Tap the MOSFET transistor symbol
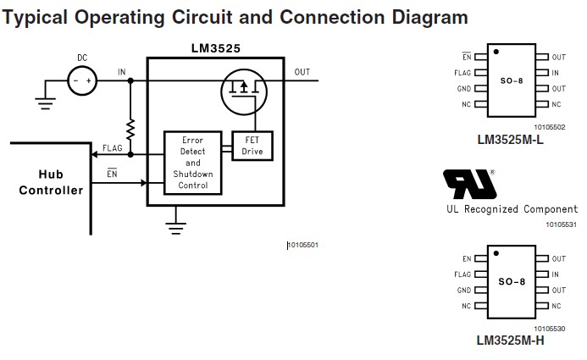click(244, 92)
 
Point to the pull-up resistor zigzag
click(130, 130)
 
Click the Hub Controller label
click(51, 182)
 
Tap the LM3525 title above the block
click(216, 48)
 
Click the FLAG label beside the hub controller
click(113, 148)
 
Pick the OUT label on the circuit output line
click(302, 72)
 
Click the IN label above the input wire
click(122, 72)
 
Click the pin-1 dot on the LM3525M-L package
click(496, 52)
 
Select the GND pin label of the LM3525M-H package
click(464, 290)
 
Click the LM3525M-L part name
click(510, 140)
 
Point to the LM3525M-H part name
click(510, 341)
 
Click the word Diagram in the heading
click(429, 17)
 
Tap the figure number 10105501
click(303, 245)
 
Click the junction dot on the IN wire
click(130, 80)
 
